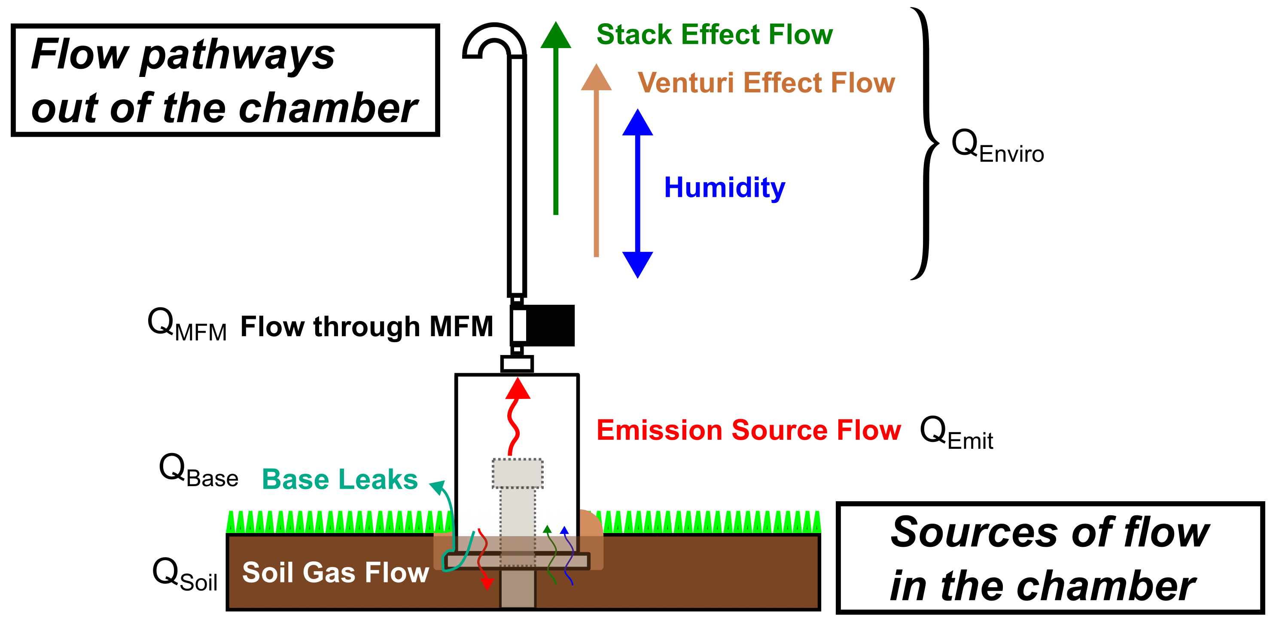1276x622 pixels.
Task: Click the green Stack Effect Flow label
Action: coord(714,35)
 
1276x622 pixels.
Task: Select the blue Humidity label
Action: coord(724,187)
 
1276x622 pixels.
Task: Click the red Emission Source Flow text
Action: coord(748,430)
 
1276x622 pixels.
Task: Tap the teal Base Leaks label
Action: coord(340,479)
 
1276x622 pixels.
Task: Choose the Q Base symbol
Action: coord(198,470)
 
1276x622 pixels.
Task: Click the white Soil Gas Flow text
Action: coord(335,573)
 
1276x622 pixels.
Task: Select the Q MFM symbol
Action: coord(187,325)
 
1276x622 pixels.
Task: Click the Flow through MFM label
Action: coord(366,327)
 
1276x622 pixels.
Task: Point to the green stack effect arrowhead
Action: coord(556,36)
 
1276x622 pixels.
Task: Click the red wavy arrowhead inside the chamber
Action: coord(518,389)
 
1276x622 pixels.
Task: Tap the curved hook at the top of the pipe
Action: coord(494,40)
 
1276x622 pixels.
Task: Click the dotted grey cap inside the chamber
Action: coord(517,473)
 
